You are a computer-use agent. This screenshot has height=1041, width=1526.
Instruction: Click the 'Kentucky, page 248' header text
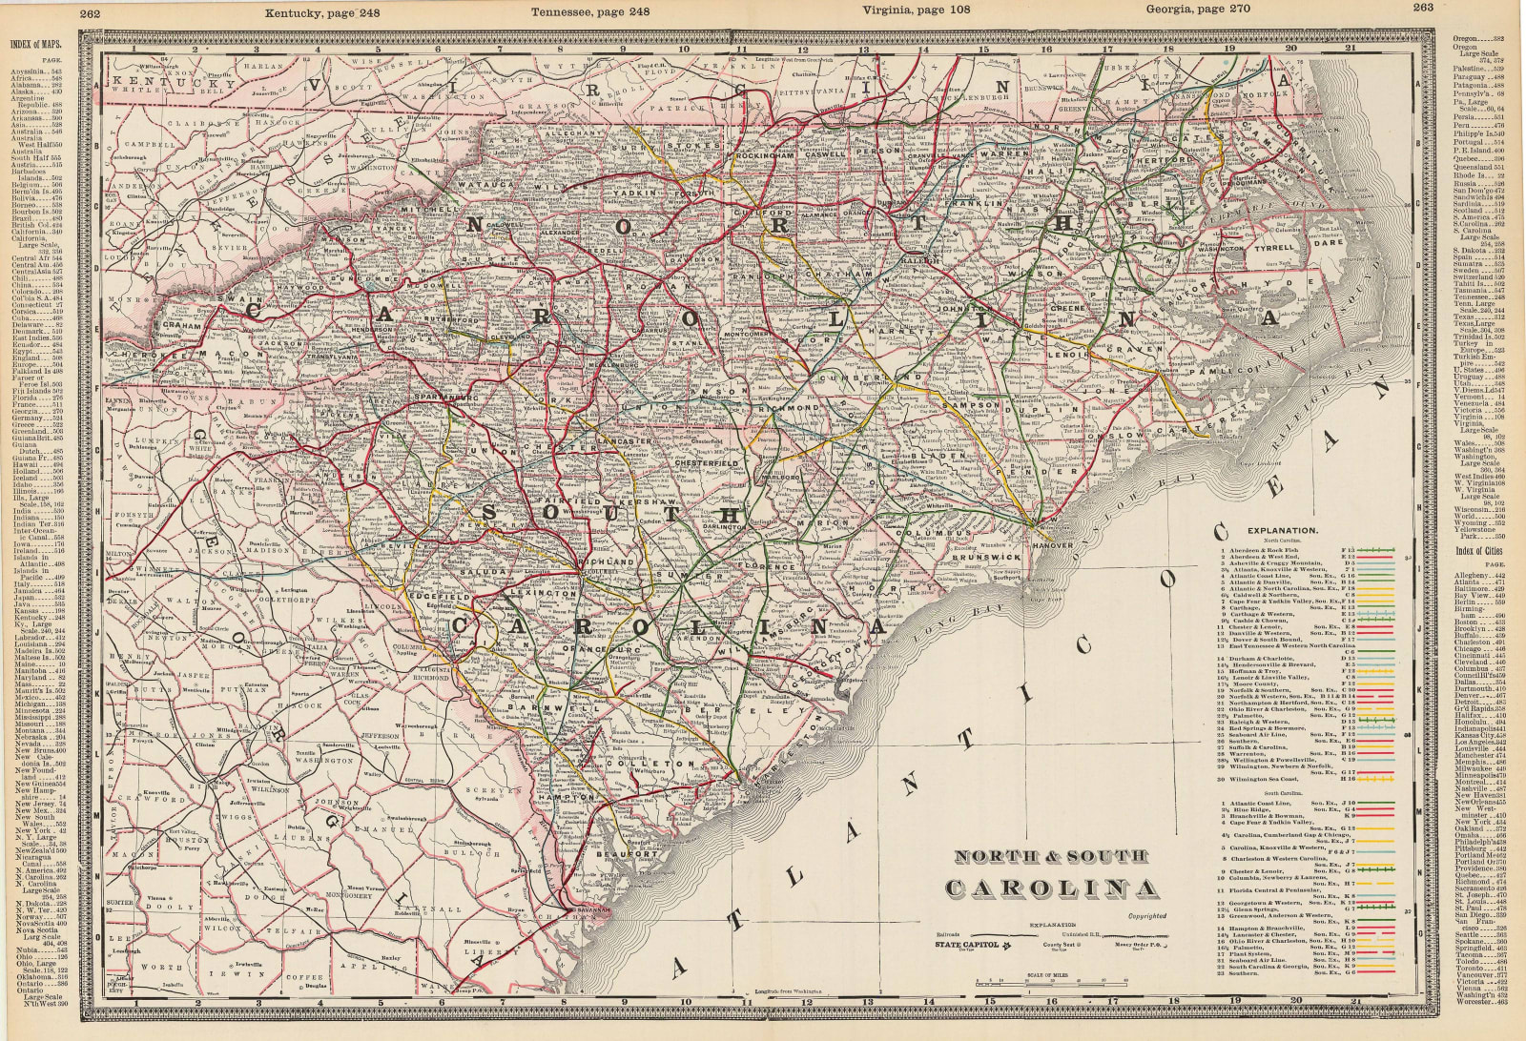pos(298,12)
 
